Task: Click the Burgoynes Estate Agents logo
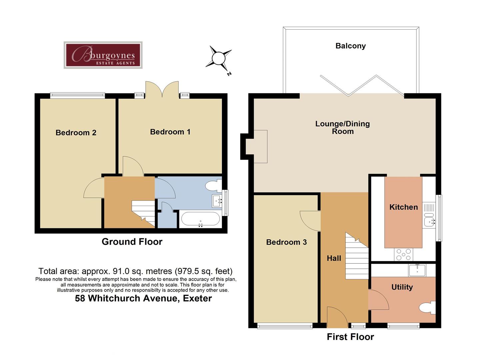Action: [103, 55]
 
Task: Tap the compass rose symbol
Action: [219, 58]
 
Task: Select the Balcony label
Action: [350, 46]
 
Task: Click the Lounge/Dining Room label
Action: [342, 127]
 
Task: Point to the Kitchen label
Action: [403, 207]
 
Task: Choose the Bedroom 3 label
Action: [286, 242]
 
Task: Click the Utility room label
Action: [402, 287]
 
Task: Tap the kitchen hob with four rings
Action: [403, 255]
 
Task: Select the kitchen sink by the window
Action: [429, 221]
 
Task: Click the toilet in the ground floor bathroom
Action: [213, 185]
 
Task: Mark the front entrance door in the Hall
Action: [337, 318]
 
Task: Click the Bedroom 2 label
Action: [76, 133]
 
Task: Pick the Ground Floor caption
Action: [132, 242]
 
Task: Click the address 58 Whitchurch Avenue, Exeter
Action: [143, 298]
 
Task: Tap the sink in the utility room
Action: [417, 270]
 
